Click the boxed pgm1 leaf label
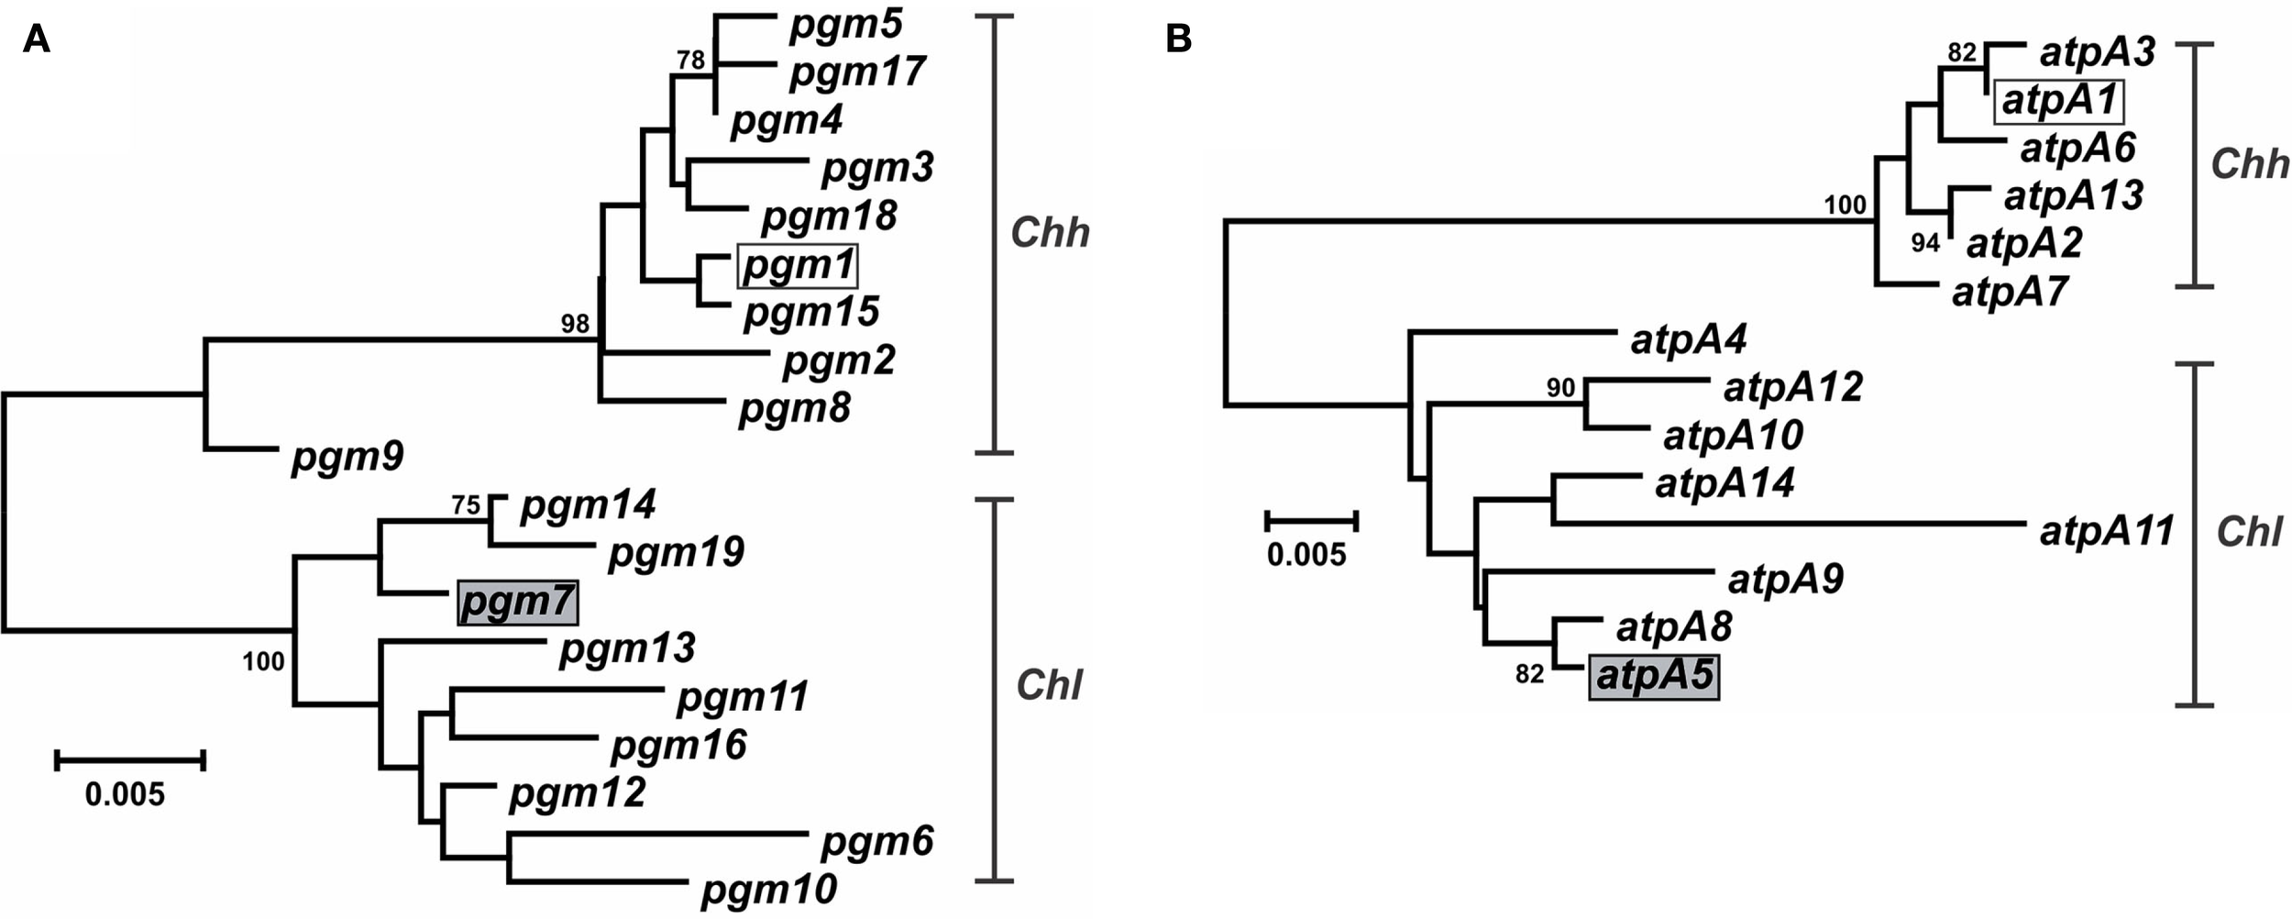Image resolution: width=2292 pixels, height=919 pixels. [x=797, y=267]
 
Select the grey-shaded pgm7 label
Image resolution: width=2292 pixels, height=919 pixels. [x=518, y=603]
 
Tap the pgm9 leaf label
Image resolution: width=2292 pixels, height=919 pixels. [x=347, y=456]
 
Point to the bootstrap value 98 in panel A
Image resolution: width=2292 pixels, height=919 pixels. [x=575, y=324]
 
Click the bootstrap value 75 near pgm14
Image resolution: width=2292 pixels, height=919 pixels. [x=466, y=505]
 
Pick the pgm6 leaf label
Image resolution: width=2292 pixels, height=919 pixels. [x=876, y=841]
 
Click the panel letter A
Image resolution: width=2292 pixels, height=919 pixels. [x=36, y=39]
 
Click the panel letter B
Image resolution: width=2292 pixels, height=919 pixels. [x=1178, y=39]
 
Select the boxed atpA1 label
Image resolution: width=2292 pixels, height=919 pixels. [x=2058, y=101]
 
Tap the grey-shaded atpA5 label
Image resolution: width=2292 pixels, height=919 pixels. [x=1654, y=677]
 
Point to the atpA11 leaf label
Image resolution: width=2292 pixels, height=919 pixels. [x=2106, y=532]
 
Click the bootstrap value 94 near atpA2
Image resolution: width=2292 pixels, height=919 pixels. [x=1924, y=243]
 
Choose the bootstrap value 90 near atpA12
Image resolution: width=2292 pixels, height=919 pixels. [x=1560, y=388]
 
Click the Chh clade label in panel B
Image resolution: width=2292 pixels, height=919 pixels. [x=2249, y=165]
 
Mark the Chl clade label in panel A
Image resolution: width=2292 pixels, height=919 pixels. [x=1049, y=685]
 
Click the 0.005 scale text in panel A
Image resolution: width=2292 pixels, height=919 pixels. [x=125, y=794]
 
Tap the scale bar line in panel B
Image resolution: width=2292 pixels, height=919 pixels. [x=1311, y=522]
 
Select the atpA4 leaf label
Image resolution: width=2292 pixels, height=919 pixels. [x=1688, y=340]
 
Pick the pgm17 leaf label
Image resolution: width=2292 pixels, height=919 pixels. [x=857, y=72]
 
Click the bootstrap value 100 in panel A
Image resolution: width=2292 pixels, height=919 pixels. [x=263, y=661]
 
